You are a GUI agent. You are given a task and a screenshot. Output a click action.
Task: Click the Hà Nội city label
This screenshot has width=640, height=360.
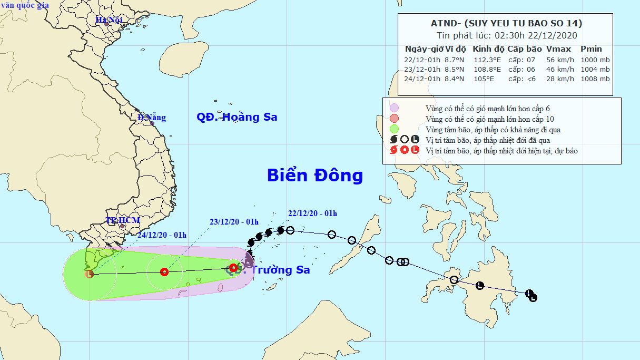click(109, 20)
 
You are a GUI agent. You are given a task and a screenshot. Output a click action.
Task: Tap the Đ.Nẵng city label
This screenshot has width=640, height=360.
click(152, 117)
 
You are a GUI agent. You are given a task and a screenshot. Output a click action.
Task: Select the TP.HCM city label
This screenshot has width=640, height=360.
click(122, 220)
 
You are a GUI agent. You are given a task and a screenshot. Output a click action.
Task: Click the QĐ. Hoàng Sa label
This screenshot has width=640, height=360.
click(237, 117)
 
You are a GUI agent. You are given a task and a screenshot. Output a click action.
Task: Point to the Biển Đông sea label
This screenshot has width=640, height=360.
click(314, 176)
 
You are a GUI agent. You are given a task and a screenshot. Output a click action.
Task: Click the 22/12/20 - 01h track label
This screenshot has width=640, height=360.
click(312, 213)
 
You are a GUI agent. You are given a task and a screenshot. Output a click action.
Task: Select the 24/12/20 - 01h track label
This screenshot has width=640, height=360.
click(162, 235)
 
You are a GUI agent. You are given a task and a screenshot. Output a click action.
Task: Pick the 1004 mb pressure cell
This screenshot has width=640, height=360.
click(595, 69)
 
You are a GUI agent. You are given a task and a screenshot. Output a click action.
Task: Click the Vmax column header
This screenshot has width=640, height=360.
click(558, 49)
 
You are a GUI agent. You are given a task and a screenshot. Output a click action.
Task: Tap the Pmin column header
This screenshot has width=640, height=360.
click(591, 49)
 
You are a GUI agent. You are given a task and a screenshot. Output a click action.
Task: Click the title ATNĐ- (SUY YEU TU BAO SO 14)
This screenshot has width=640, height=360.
click(505, 23)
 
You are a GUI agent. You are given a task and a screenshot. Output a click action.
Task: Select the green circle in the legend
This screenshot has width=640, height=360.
click(394, 129)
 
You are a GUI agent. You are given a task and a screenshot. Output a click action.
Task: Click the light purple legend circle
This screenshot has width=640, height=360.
click(394, 108)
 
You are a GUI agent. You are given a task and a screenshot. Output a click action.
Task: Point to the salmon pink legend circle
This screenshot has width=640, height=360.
click(394, 118)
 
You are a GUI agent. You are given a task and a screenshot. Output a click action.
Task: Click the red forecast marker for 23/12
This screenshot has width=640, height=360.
click(164, 272)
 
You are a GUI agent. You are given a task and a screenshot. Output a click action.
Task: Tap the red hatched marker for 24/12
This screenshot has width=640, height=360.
click(90, 274)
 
